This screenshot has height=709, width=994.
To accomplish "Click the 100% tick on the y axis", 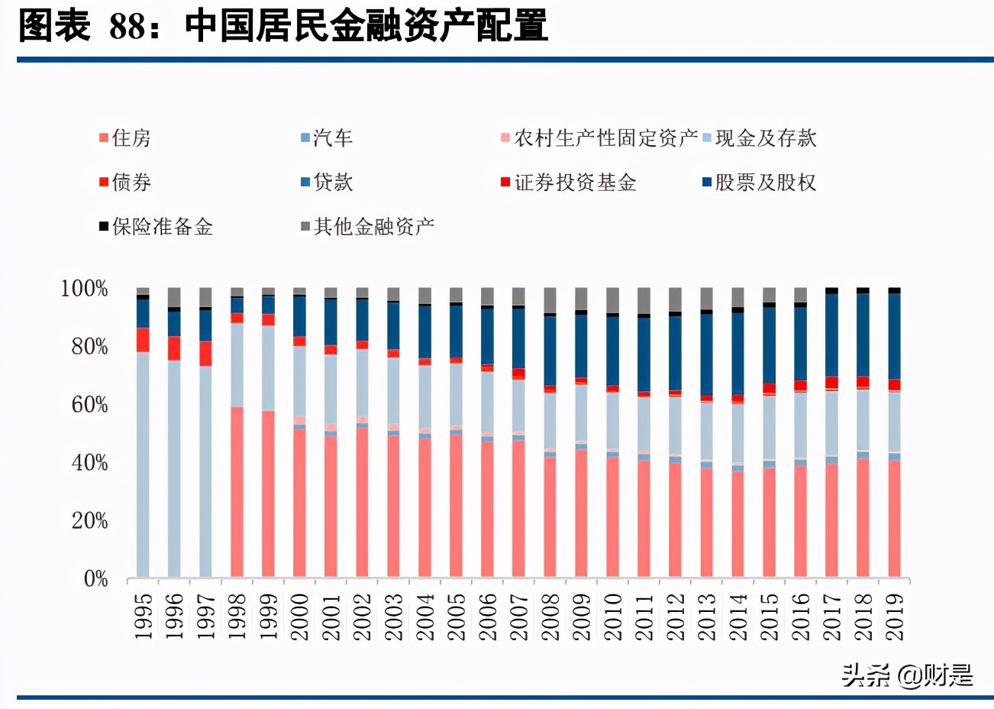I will pos(84,289).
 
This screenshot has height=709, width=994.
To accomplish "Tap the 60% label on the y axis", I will pos(89,405).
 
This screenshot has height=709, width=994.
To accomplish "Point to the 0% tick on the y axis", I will pos(95,579).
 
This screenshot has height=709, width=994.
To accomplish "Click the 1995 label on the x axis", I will pos(143,616).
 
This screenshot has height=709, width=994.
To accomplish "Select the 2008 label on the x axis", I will pos(550,616).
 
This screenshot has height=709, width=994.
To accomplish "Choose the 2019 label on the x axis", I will pos(894,616).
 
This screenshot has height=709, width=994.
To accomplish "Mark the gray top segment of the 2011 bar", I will pos(644,300).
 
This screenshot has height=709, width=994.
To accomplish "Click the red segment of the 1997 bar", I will pos(205,353).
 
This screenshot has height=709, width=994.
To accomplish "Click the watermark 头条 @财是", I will pos(907,675).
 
